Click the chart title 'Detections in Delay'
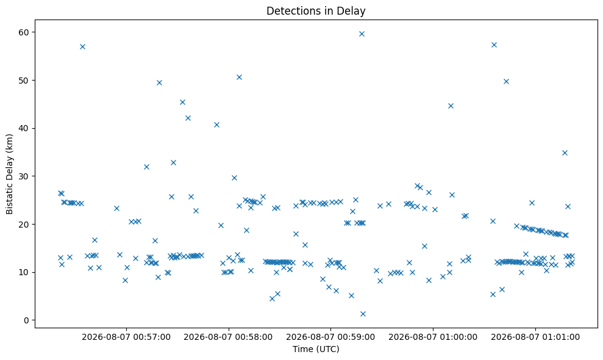point(316,11)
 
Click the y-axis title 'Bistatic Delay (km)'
point(9,174)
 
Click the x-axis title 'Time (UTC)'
point(316,349)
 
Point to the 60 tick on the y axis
point(24,32)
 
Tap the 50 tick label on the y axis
point(24,81)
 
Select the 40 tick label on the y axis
point(24,128)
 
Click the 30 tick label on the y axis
point(24,176)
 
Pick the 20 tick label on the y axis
point(24,224)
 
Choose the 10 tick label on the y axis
point(24,272)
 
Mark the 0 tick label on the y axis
point(27,320)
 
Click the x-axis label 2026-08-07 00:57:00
point(126,337)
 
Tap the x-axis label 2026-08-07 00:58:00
point(229,337)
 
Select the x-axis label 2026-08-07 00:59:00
point(330,337)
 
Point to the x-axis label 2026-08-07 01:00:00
point(433,337)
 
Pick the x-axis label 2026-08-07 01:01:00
point(535,337)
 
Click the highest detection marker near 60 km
point(362,34)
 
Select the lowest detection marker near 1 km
point(363,314)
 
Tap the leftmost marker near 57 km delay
point(82,46)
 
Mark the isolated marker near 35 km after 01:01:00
point(565,153)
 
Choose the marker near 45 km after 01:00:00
point(451,106)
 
